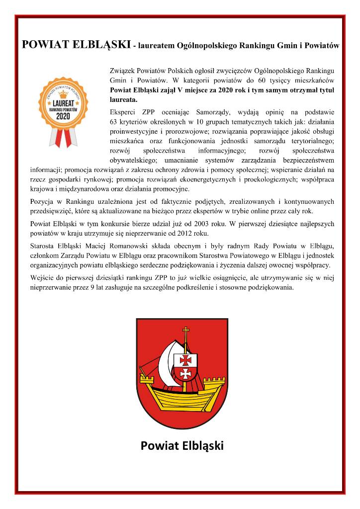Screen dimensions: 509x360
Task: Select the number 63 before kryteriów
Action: (x=113, y=121)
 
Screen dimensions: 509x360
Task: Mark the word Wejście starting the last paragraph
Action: (x=44, y=278)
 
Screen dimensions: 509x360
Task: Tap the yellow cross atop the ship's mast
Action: (x=186, y=332)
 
